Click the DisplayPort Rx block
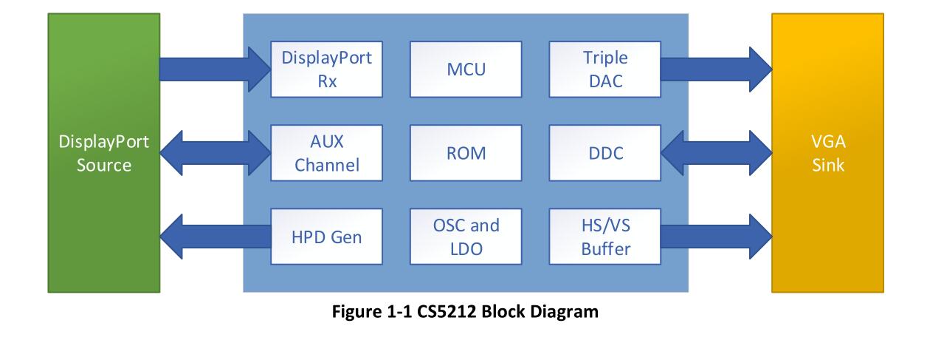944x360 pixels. pos(327,69)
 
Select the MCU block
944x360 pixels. pos(465,69)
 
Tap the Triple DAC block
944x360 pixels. pos(603,69)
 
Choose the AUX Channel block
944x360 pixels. pos(327,153)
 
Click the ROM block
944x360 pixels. pos(465,153)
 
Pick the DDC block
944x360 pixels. pos(603,153)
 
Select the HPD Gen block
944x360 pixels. pos(327,237)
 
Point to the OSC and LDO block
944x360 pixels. pos(465,237)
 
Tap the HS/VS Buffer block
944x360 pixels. pos(603,237)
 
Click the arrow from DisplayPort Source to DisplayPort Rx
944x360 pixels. pos(214,69)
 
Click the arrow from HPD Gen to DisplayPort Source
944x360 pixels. pos(214,237)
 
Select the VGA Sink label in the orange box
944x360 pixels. pos(827,153)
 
